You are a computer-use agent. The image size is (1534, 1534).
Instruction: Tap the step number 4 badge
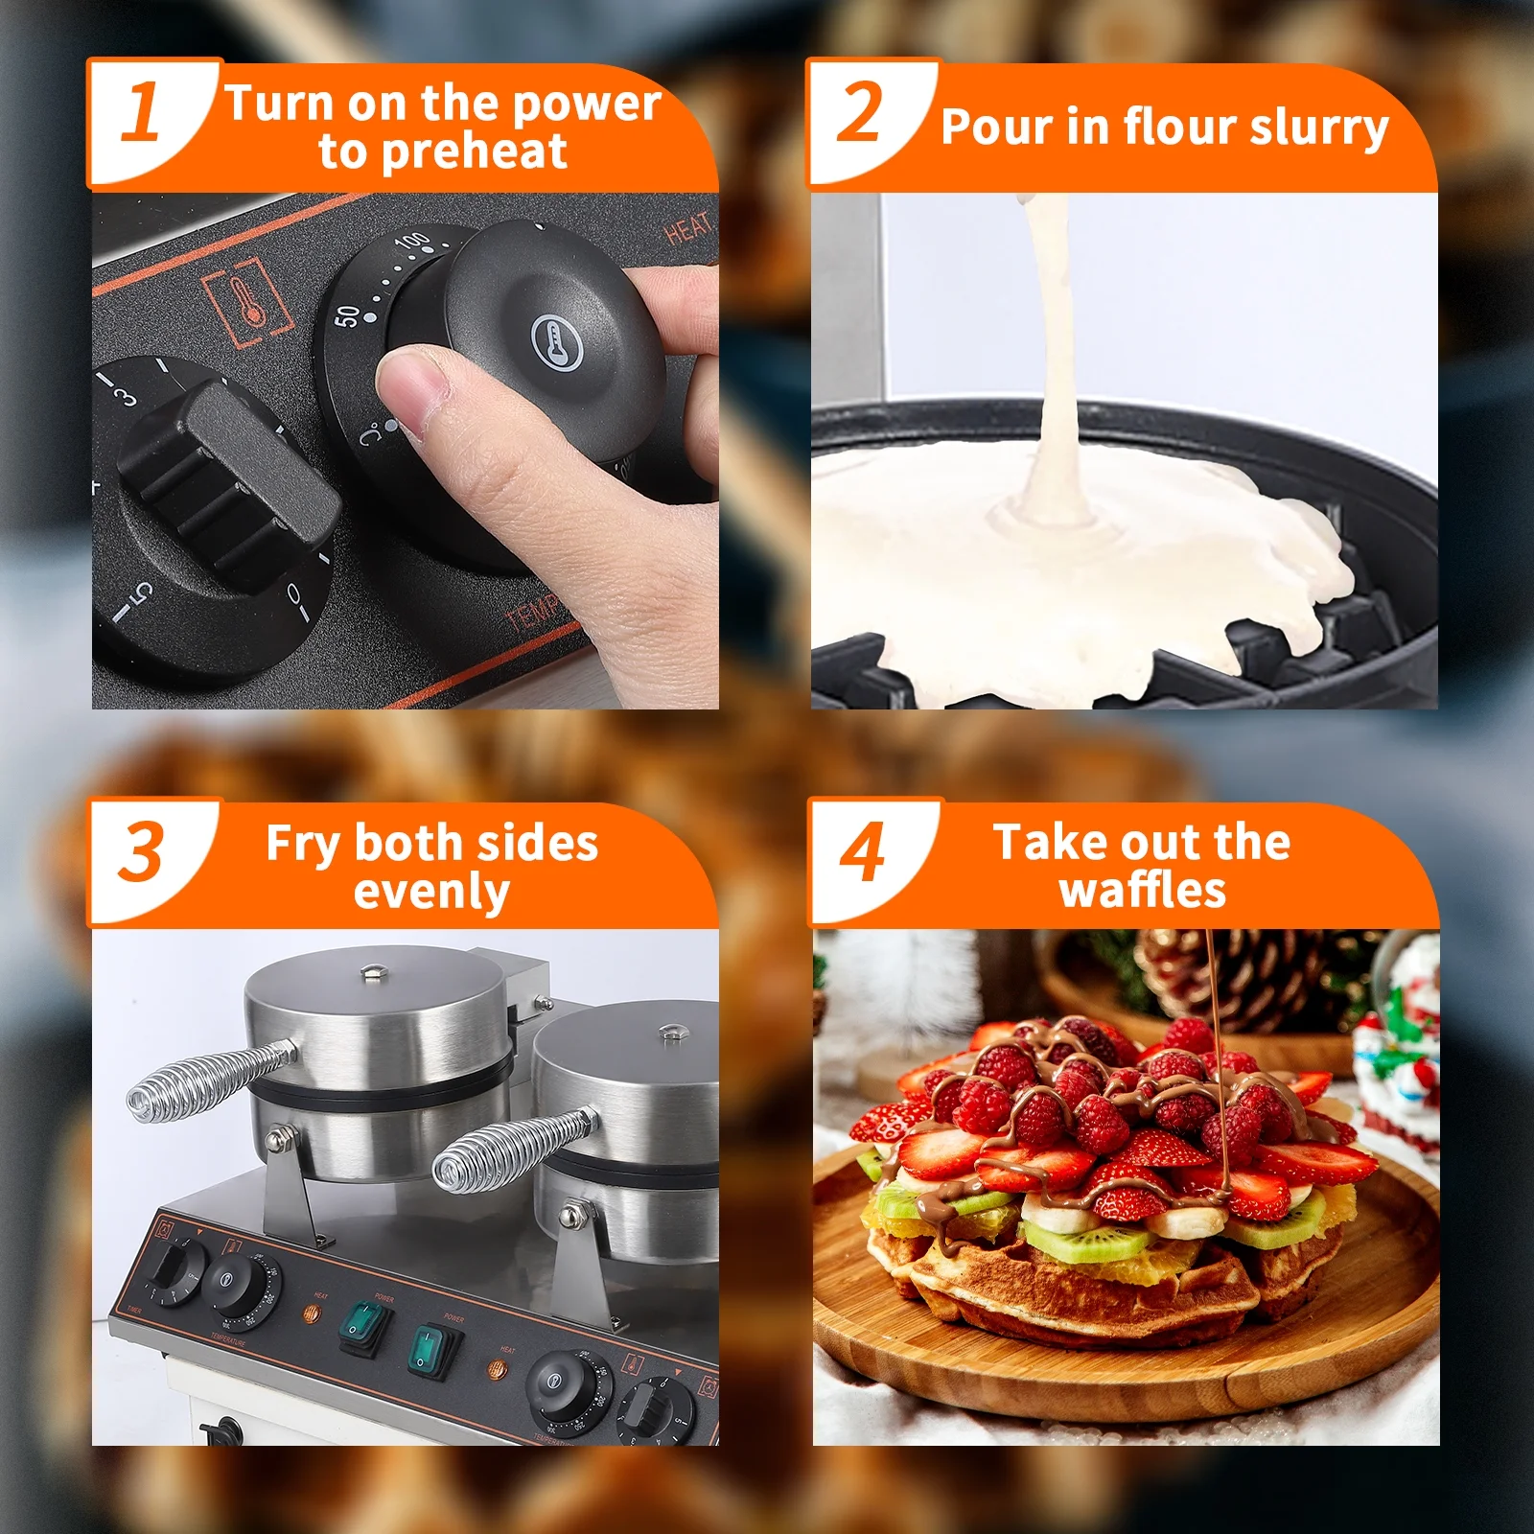click(863, 853)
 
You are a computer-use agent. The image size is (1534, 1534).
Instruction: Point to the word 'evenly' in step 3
click(431, 893)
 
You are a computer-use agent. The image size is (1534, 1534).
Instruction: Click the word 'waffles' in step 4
click(1143, 891)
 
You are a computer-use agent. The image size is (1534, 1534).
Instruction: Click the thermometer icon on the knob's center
click(557, 341)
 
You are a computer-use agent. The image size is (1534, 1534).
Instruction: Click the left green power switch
click(365, 1326)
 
